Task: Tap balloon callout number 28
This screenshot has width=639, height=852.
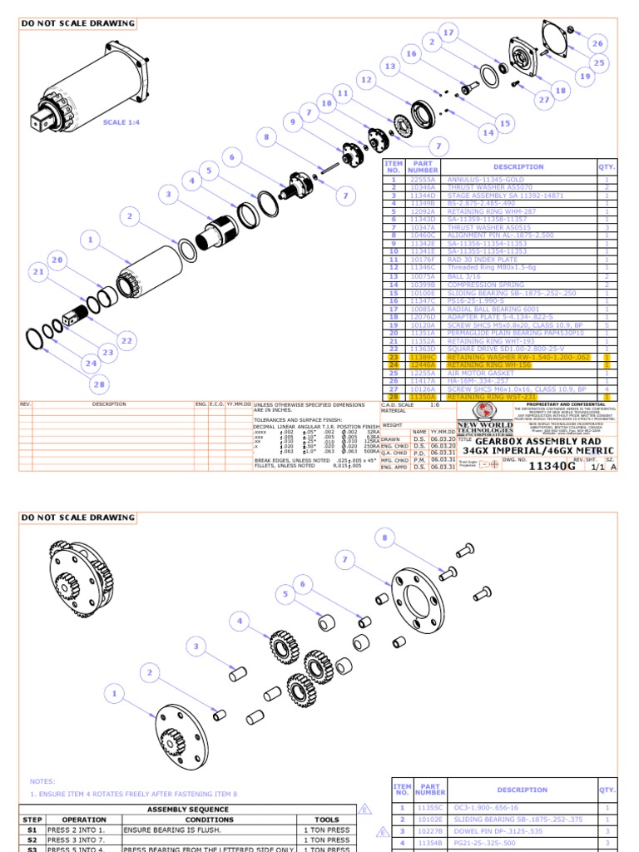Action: tap(99, 384)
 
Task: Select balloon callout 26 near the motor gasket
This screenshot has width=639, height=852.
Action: tap(597, 43)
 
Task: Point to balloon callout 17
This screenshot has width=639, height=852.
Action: tap(449, 32)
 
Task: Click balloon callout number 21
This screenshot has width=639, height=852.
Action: tap(37, 272)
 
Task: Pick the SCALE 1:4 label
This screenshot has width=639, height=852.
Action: tap(121, 122)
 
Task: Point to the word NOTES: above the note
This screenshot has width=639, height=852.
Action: tap(42, 781)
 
